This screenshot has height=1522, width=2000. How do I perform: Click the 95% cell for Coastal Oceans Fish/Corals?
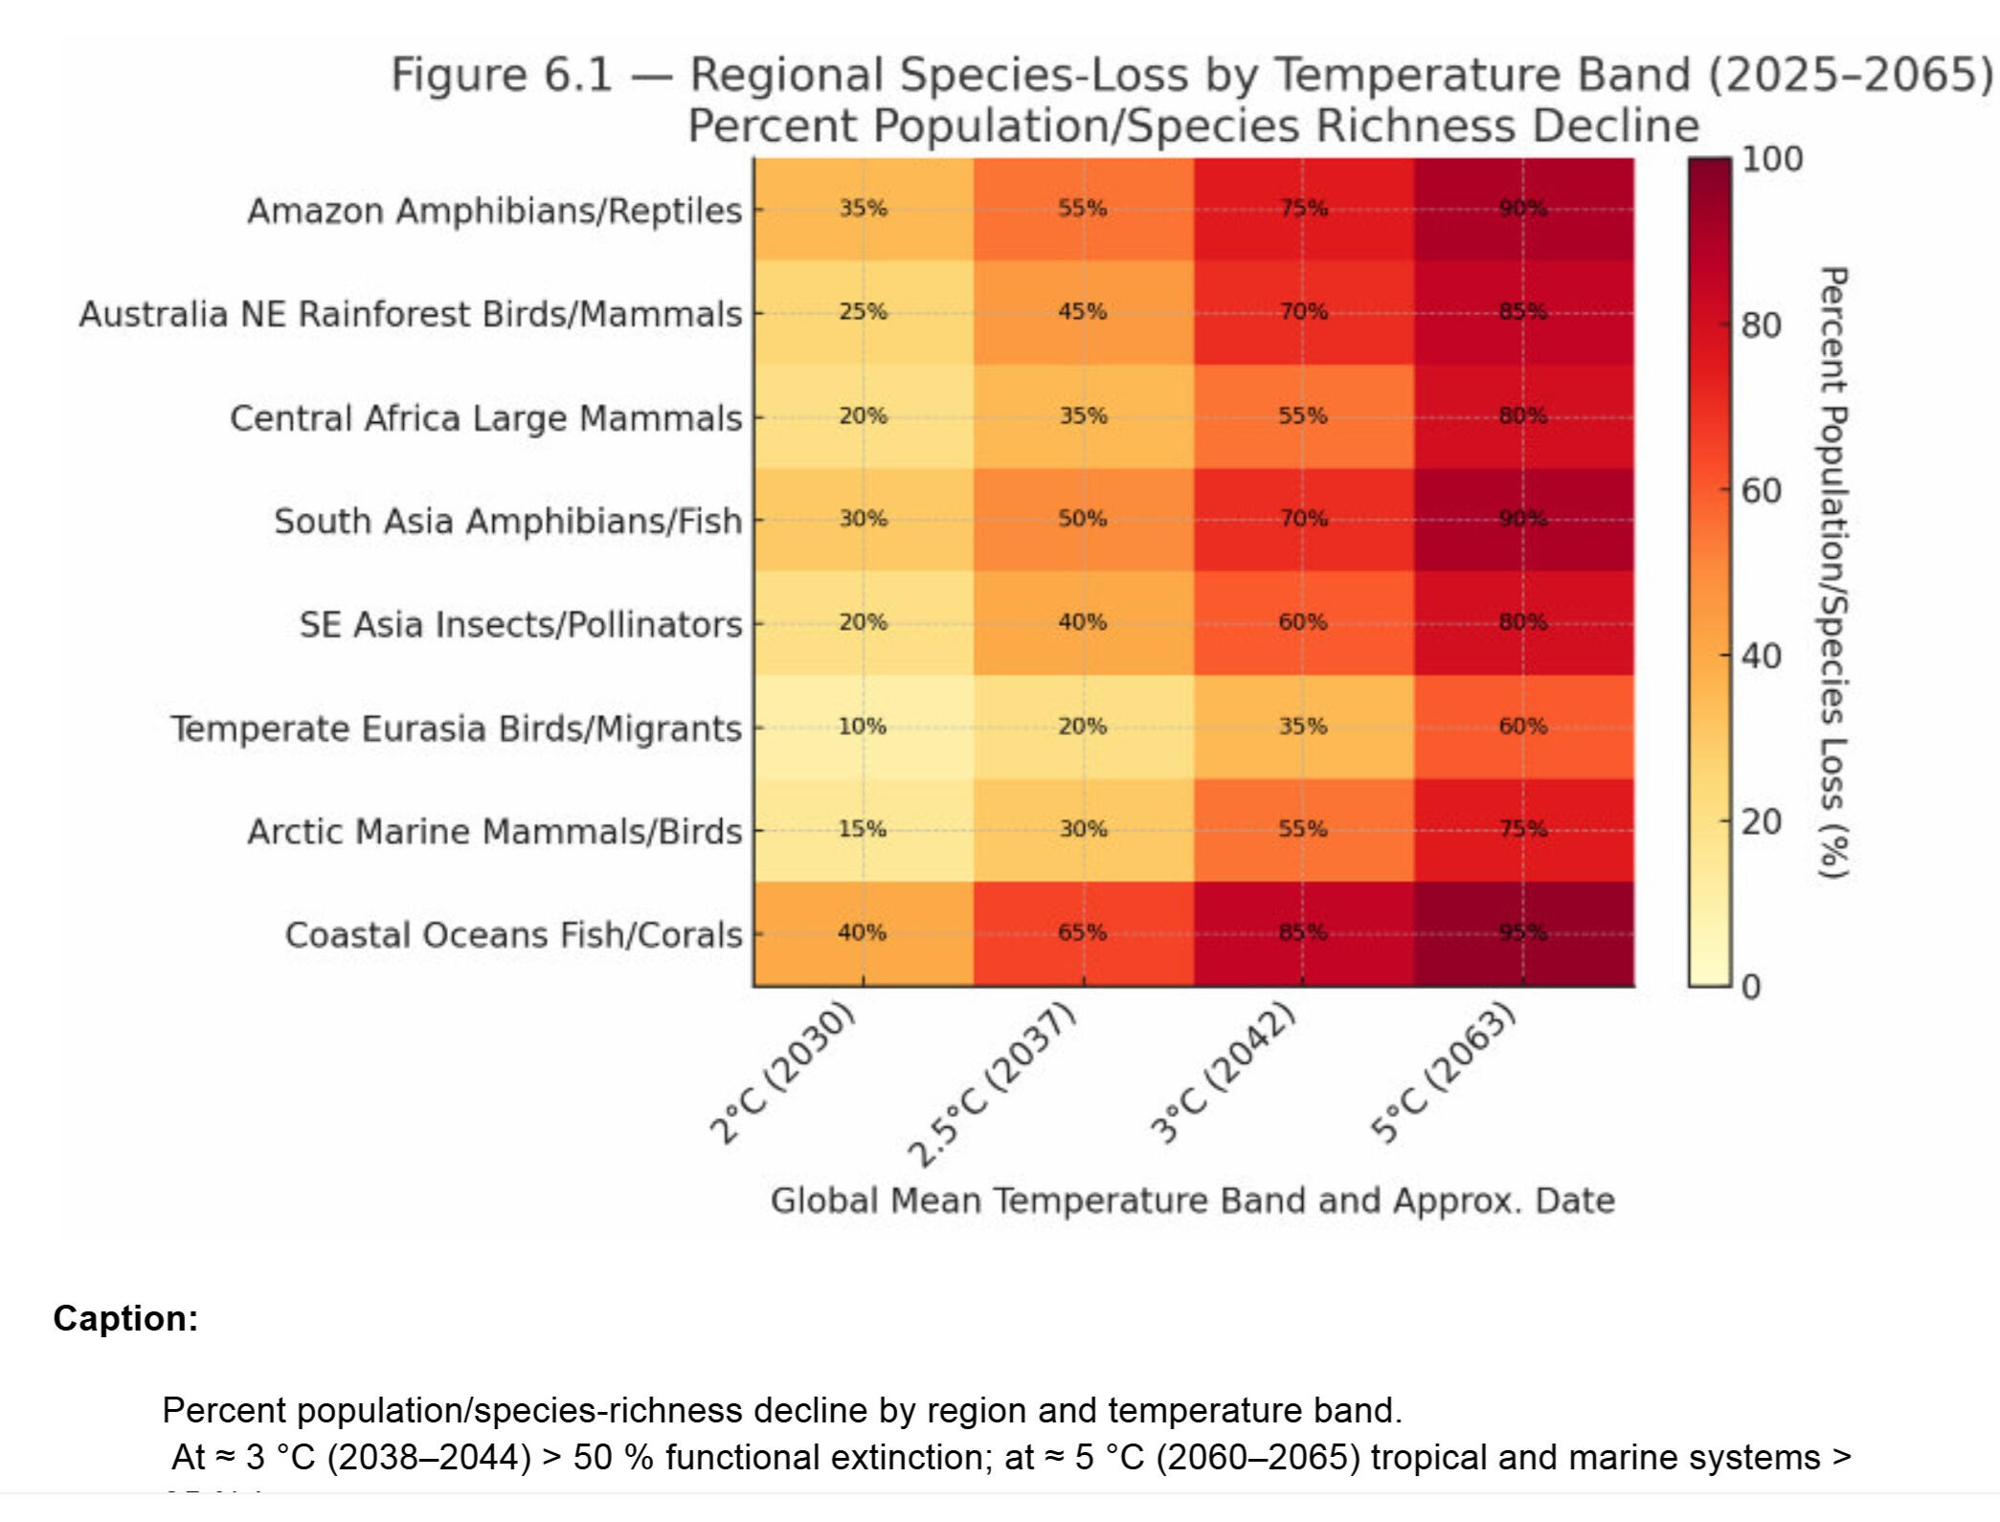[1523, 932]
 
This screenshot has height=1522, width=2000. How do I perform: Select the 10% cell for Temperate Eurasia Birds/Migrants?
[863, 727]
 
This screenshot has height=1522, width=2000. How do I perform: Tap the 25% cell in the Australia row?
[863, 312]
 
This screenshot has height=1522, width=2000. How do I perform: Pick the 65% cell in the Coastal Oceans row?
[1083, 932]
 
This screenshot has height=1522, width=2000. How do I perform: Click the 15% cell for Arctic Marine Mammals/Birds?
[863, 829]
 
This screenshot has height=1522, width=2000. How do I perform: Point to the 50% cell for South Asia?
[1083, 519]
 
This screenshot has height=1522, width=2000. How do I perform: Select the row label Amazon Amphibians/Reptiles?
[494, 211]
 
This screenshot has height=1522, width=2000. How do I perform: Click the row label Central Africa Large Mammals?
[485, 418]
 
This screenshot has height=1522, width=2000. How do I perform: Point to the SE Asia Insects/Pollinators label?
[520, 624]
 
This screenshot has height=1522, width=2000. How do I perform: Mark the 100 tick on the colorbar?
[1771, 159]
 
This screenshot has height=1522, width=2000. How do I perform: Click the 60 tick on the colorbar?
[1761, 491]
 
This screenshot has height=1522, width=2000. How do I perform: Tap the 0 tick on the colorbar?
[1751, 987]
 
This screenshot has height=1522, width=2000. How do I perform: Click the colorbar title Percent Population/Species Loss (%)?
[1832, 572]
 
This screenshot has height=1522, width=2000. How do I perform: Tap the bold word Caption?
[125, 1318]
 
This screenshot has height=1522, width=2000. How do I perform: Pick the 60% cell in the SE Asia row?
[1303, 622]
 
